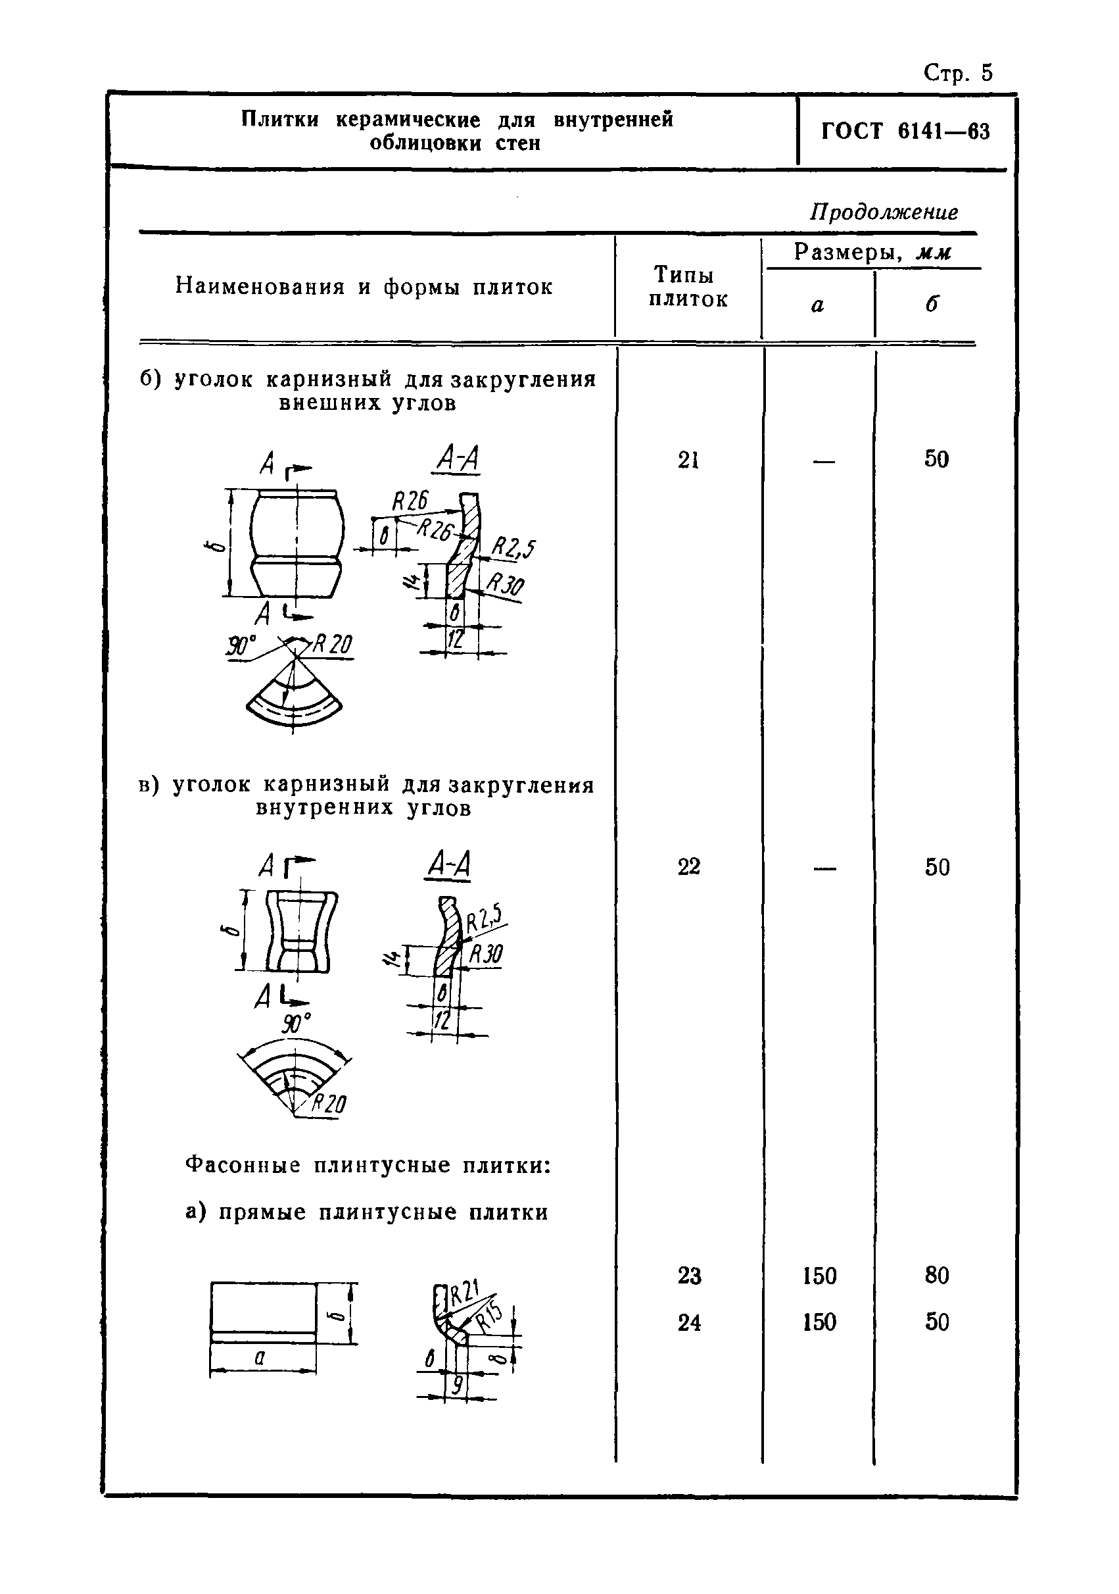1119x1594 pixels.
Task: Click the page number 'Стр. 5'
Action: coord(958,73)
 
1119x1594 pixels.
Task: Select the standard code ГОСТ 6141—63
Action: coord(905,131)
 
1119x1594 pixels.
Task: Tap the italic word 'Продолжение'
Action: coord(884,212)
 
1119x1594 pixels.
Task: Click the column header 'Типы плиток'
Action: coord(688,287)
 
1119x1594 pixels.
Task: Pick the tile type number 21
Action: coord(688,460)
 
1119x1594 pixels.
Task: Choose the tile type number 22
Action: coord(688,866)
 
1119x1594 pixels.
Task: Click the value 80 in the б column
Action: coord(936,1276)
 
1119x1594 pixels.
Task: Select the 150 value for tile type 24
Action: coord(819,1322)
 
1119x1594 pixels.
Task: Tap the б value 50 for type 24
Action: coord(936,1322)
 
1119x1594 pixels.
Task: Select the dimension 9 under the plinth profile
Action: coord(456,1385)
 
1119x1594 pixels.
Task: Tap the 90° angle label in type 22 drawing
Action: coord(296,1024)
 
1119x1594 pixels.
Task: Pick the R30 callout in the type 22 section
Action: coord(487,955)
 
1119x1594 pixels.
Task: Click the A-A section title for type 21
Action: coord(456,459)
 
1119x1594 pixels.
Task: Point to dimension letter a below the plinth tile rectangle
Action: coord(260,1358)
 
